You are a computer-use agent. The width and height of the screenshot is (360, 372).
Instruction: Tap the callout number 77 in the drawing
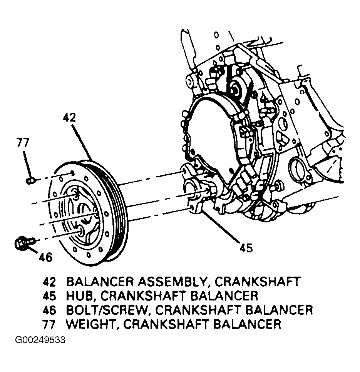(x=23, y=143)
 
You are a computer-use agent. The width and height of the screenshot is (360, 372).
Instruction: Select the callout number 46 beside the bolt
(x=45, y=257)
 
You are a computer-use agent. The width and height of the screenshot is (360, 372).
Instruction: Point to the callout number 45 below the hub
(x=245, y=248)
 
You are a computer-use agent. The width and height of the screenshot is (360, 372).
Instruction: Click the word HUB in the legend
(x=79, y=295)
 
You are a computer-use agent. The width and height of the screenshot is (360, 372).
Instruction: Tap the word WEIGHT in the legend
(x=89, y=324)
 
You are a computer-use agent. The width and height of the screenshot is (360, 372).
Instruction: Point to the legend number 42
(x=49, y=281)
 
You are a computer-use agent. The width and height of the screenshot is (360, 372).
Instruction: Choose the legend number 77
(x=49, y=324)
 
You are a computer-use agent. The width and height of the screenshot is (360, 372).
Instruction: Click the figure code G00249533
(x=40, y=340)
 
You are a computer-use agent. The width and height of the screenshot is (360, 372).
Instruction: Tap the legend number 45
(x=49, y=295)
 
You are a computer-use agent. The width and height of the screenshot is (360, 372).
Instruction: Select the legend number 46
(x=49, y=310)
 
